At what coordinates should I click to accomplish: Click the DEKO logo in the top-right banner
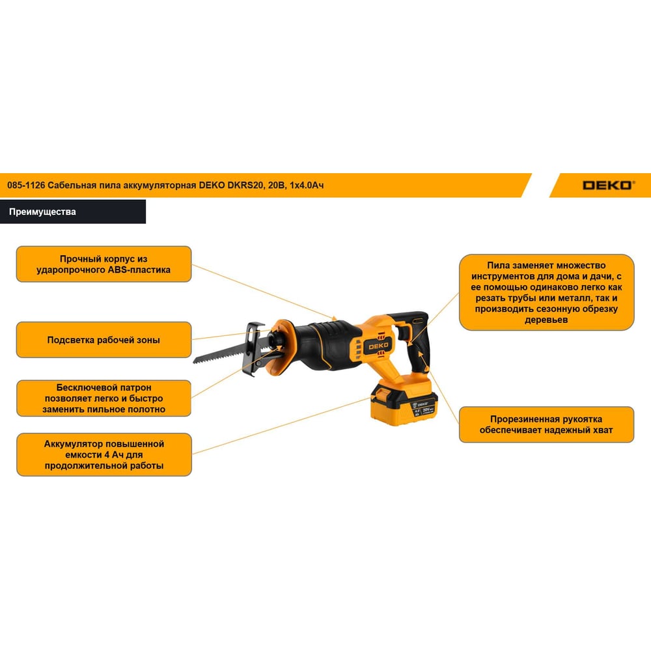pos(608,185)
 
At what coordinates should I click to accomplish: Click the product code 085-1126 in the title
pos(26,185)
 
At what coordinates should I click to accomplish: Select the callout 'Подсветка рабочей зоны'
pos(104,340)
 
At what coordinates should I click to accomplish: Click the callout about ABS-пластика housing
pos(104,264)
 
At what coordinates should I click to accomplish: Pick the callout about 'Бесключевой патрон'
pos(104,398)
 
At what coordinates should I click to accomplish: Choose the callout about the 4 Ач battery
pos(104,454)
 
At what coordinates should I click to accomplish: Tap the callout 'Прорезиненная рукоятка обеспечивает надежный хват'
pos(546,424)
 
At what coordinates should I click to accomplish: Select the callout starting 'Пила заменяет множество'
pos(546,292)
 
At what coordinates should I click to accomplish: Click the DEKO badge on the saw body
pos(379,346)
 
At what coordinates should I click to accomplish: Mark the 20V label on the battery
pos(427,409)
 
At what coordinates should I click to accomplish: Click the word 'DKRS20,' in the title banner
pos(245,185)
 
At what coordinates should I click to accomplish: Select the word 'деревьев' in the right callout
pos(546,320)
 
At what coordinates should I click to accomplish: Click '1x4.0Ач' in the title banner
pos(307,185)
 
